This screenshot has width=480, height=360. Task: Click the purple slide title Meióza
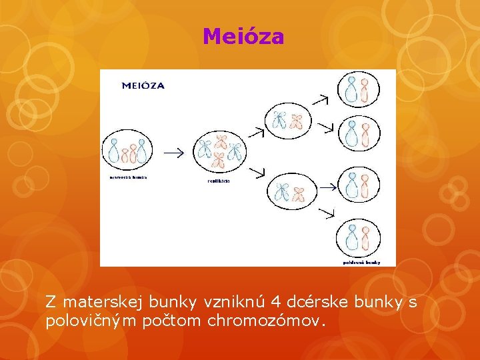click(243, 36)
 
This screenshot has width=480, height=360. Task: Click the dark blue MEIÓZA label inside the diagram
click(143, 85)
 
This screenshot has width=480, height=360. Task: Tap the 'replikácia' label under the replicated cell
click(218, 181)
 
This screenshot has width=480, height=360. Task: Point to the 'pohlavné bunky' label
click(361, 262)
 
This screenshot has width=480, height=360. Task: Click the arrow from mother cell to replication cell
click(174, 153)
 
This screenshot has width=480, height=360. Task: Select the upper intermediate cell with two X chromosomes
click(288, 120)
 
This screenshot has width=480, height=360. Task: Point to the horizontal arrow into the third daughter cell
click(327, 187)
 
